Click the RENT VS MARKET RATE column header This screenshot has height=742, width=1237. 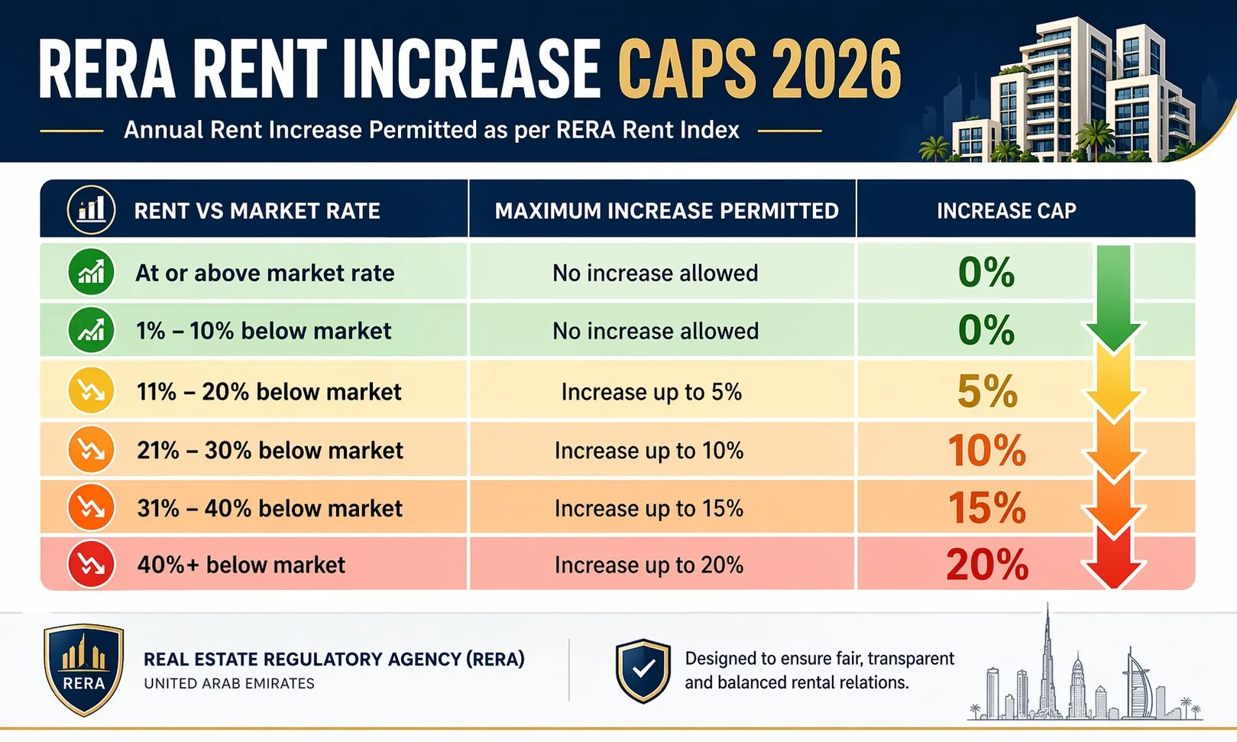pos(257,211)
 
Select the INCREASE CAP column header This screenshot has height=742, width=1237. pos(1006,211)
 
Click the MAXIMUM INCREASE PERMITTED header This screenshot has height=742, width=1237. pos(666,211)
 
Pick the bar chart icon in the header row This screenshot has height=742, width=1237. pos(91,209)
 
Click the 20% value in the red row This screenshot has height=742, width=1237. pos(987,565)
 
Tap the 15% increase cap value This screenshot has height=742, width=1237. pos(987,508)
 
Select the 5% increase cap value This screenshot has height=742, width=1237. pos(987,391)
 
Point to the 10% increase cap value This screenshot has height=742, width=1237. pos(987,450)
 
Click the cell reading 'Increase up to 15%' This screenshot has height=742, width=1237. pos(649,508)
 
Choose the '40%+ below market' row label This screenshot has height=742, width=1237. pos(241,565)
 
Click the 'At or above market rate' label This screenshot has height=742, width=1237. pos(264,273)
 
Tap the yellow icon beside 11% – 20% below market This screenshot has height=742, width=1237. pos(91,390)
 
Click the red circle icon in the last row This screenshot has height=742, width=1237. pos(91,564)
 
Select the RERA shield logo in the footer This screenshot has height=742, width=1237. pos(84,670)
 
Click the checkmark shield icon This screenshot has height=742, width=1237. pos(643,670)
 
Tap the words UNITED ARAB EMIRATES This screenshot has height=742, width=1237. pos(229,683)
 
